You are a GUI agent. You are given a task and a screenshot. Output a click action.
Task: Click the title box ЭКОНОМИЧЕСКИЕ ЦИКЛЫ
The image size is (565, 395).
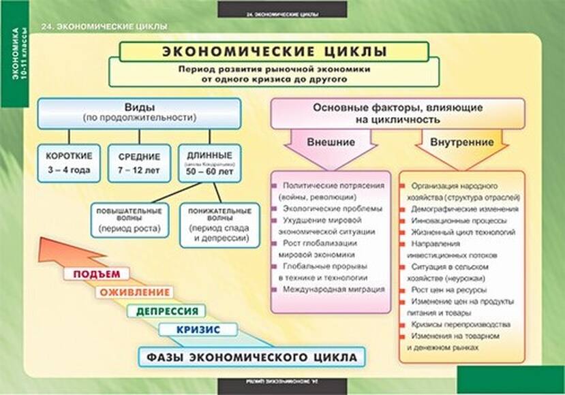coord(274,52)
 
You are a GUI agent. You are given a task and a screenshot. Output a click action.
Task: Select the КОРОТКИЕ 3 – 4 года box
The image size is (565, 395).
coord(68,163)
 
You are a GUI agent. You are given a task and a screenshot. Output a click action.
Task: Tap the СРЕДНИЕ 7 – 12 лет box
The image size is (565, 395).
coord(139,163)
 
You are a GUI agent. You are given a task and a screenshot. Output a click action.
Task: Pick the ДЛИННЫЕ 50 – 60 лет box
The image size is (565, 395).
coord(209,163)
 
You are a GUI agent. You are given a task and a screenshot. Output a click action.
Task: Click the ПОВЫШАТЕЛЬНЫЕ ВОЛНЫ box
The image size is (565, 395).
coord(129,220)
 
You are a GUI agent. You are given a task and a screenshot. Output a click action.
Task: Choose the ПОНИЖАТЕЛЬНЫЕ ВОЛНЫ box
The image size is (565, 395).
coord(219,224)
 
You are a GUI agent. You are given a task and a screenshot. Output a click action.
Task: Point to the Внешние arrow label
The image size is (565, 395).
coord(331,143)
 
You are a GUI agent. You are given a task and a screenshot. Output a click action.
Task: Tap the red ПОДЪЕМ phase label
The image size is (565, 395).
coord(96,274)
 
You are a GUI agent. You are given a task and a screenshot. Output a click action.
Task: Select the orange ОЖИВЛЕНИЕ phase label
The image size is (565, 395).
coord(134,293)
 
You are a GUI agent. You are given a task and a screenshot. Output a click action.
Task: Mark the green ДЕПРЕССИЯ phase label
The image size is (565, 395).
coord(167,311)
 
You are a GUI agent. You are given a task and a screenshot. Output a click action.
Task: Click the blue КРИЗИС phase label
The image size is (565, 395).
coord(198,330)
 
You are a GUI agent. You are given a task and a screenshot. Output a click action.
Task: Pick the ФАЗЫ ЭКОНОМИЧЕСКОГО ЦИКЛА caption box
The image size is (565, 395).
coord(251,358)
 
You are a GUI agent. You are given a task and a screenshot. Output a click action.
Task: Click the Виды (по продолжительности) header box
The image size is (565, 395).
coord(139,112)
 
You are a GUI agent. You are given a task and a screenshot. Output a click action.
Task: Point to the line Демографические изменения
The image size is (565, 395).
coord(464,209)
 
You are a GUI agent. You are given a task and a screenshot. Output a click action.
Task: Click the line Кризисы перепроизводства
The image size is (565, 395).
coord(460,325)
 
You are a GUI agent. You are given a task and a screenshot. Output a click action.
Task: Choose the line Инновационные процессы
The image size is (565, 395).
coord(458,221)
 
